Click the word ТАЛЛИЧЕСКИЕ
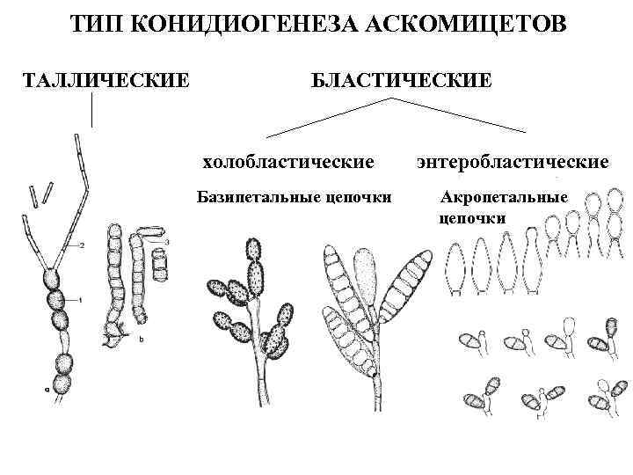tap(105, 80)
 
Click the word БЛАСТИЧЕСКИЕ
tap(400, 80)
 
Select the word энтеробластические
tap(513, 162)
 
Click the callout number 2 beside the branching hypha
tap(82, 245)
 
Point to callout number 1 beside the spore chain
tap(80, 300)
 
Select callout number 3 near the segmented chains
tap(168, 240)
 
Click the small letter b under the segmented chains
tap(142, 337)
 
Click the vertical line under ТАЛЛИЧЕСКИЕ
tap(92, 109)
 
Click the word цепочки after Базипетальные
tap(359, 195)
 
